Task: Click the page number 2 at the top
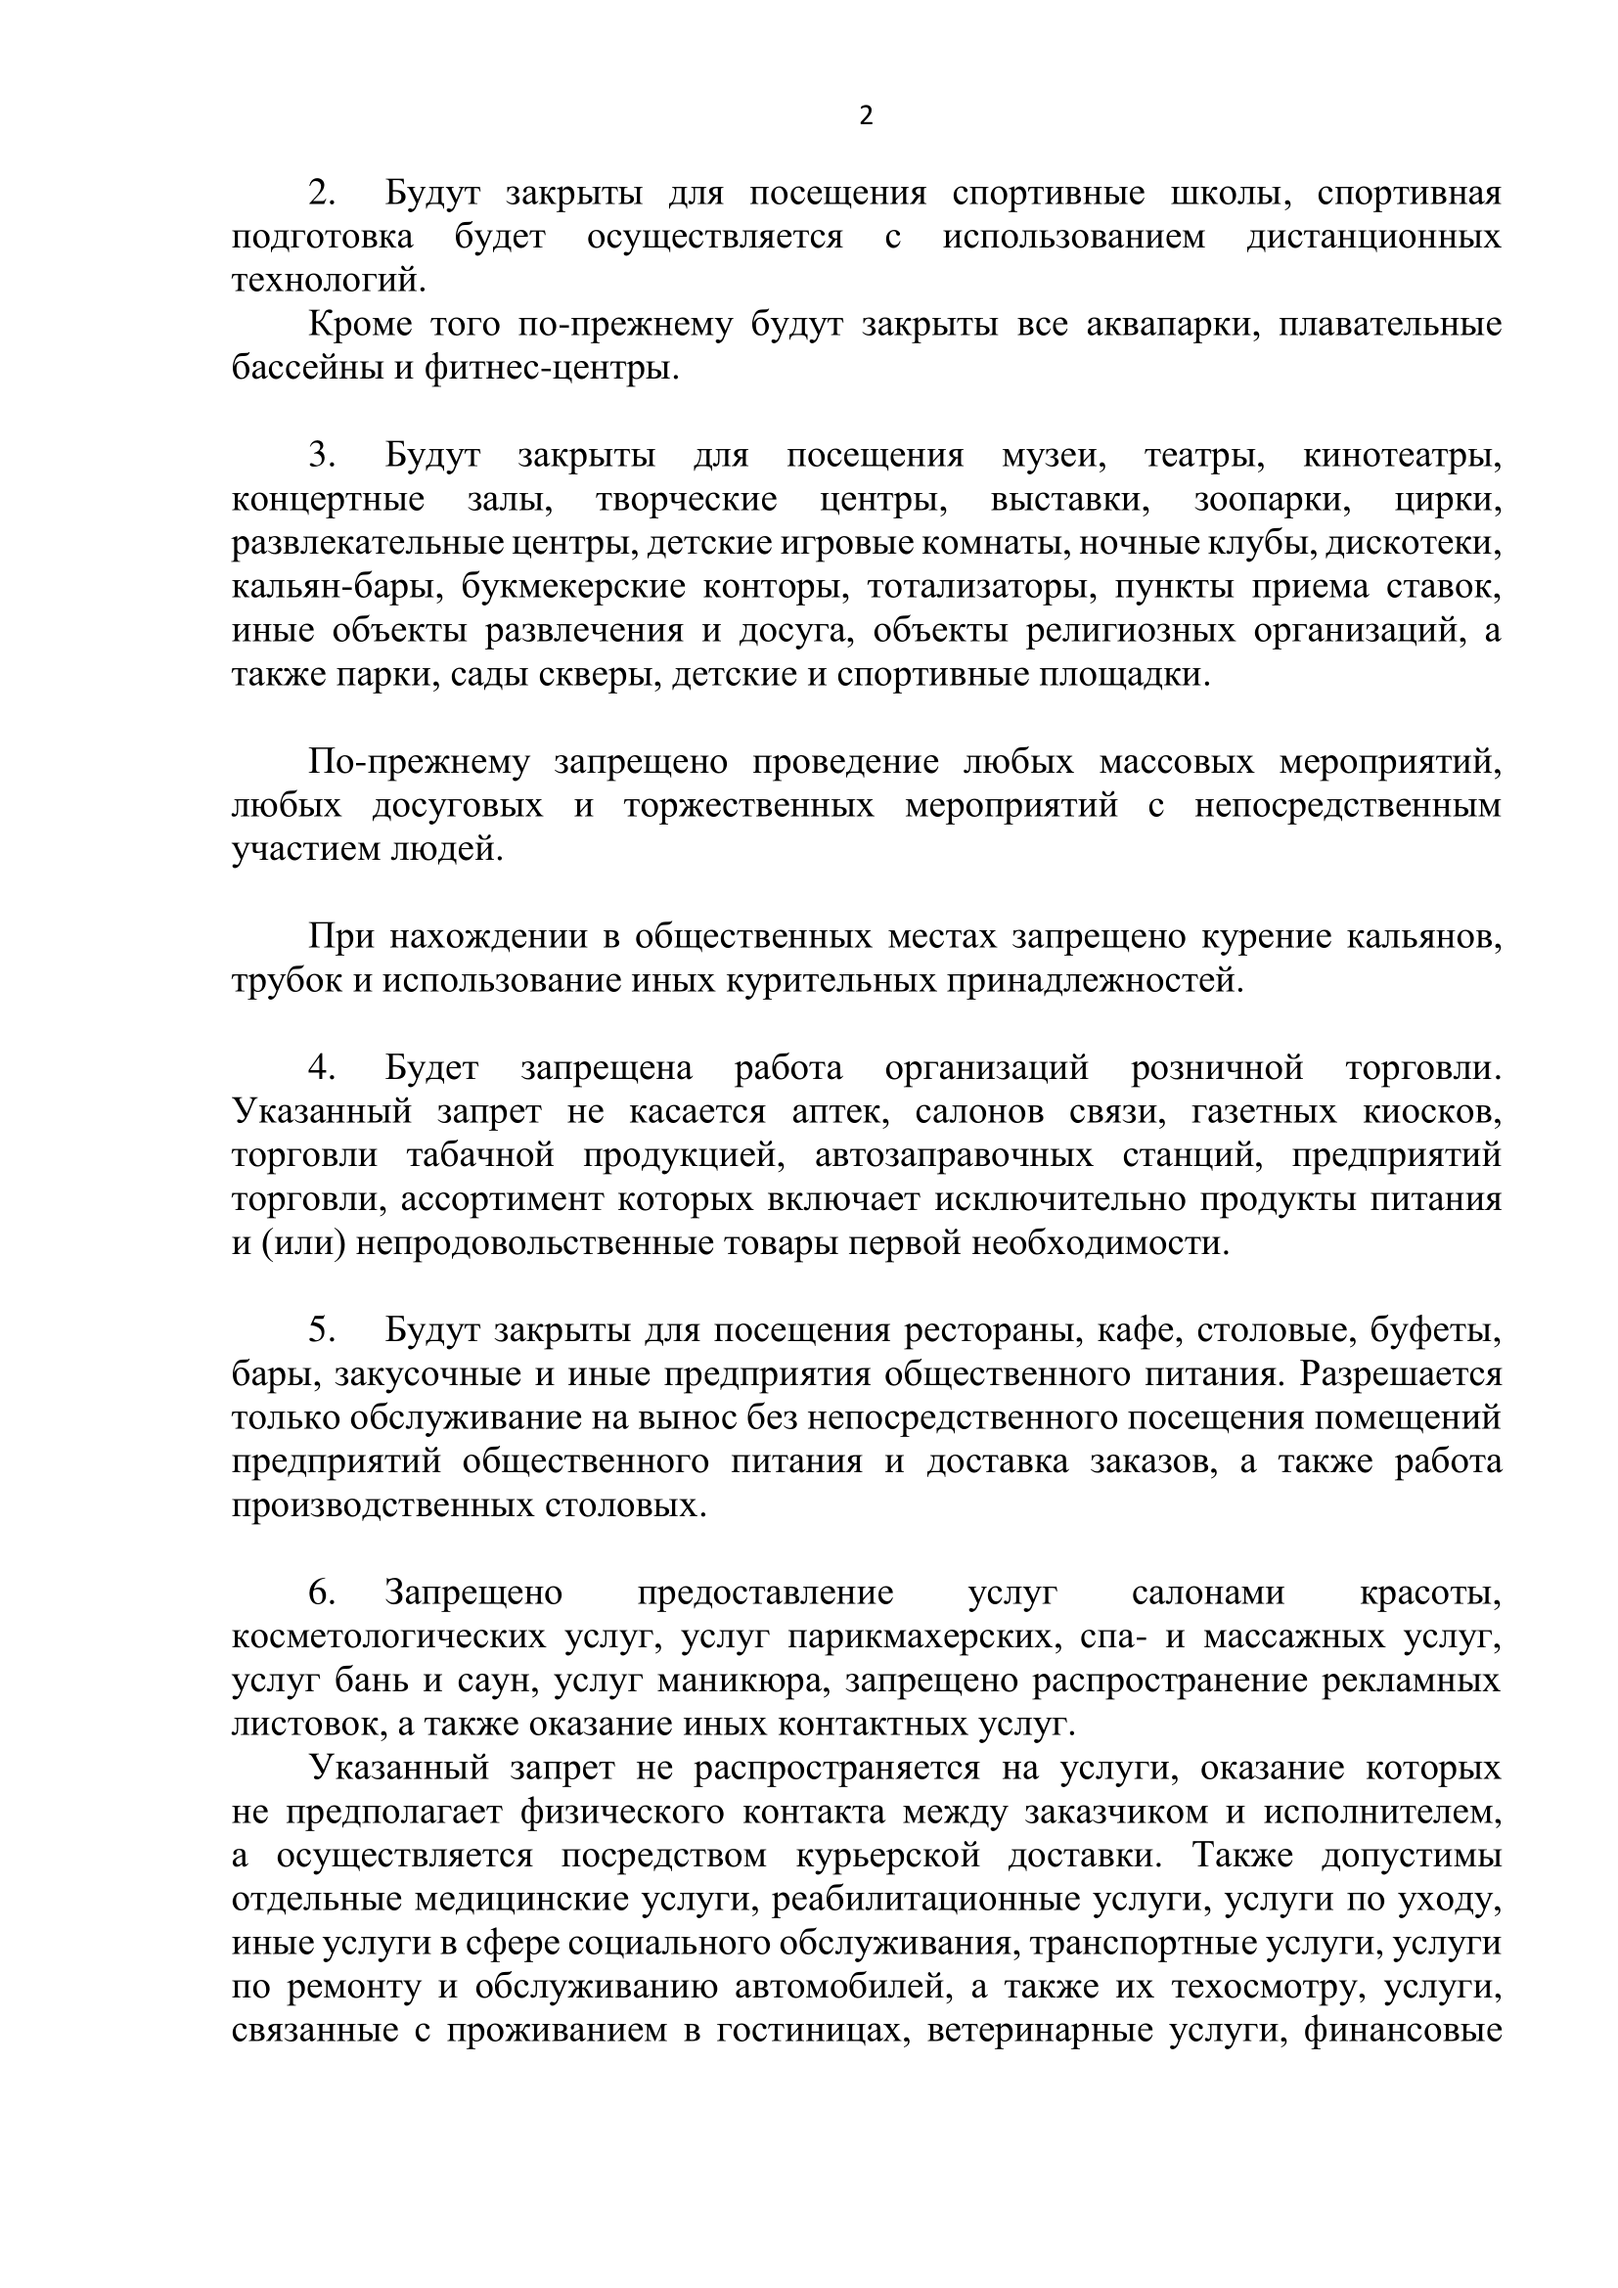point(866,116)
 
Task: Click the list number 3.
point(322,457)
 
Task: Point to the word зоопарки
point(1273,500)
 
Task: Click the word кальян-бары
point(337,588)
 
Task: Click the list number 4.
point(322,1068)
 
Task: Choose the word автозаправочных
point(954,1156)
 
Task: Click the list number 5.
point(322,1330)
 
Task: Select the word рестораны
point(991,1330)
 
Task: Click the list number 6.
point(322,1593)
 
